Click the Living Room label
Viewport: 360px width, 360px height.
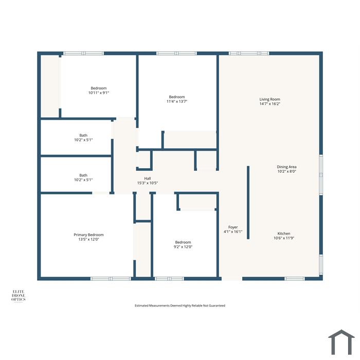pyautogui.click(x=270, y=99)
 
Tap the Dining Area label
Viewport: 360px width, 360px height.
pyautogui.click(x=286, y=167)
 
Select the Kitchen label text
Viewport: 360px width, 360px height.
pyautogui.click(x=284, y=233)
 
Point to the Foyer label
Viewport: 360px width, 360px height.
pyautogui.click(x=233, y=227)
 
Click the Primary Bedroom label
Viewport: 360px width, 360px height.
pyautogui.click(x=88, y=235)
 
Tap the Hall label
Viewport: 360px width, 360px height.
pyautogui.click(x=148, y=178)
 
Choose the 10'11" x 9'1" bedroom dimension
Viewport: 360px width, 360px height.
pyautogui.click(x=99, y=93)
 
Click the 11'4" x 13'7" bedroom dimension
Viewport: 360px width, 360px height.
pyautogui.click(x=177, y=101)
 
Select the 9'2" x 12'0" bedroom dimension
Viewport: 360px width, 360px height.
pyautogui.click(x=183, y=247)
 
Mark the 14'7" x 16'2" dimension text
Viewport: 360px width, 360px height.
pyautogui.click(x=270, y=104)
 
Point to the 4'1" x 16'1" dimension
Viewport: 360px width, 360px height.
pyautogui.click(x=233, y=231)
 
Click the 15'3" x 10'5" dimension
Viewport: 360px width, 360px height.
pyautogui.click(x=148, y=183)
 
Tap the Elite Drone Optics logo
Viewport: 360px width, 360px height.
pyautogui.click(x=19, y=296)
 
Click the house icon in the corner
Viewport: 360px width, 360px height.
pyautogui.click(x=341, y=343)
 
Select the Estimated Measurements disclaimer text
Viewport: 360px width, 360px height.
pyautogui.click(x=180, y=305)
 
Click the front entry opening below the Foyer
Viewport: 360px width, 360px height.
pyautogui.click(x=232, y=279)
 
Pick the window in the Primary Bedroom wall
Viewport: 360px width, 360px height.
pyautogui.click(x=111, y=279)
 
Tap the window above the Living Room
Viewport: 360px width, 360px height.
pyautogui.click(x=249, y=53)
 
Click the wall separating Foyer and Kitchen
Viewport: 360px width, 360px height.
pyautogui.click(x=248, y=203)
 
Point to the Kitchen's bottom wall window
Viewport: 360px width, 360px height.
pyautogui.click(x=295, y=279)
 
